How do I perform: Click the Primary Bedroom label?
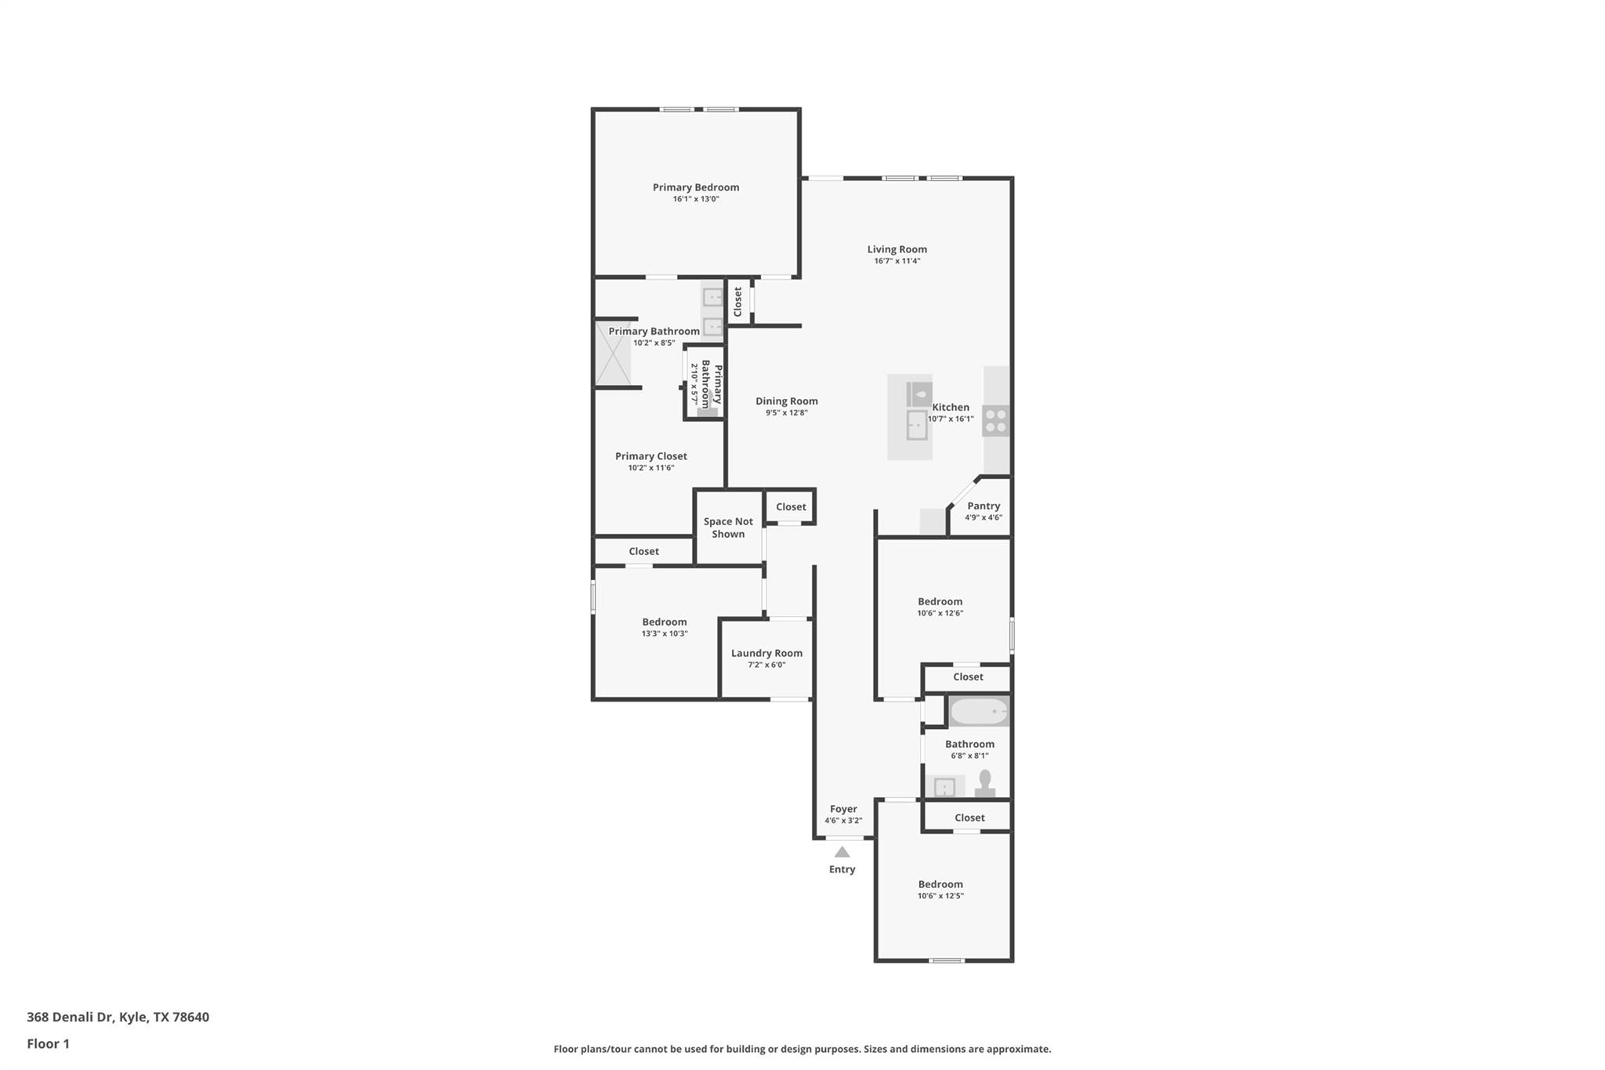[696, 187]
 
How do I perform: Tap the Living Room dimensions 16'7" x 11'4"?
[897, 261]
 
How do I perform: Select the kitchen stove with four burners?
[996, 421]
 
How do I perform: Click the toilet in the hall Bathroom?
[985, 783]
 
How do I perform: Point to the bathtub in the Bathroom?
[978, 712]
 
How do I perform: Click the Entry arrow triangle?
[842, 852]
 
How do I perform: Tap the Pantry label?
[984, 506]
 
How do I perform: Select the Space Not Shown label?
[728, 528]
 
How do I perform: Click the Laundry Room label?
[766, 653]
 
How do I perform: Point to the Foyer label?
[843, 809]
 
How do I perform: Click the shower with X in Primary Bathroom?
[613, 354]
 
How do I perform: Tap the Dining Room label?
[786, 401]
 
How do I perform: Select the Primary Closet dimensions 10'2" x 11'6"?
[650, 468]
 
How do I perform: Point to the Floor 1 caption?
[48, 1044]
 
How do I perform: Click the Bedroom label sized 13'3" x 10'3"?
[664, 622]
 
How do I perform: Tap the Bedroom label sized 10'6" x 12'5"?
[940, 884]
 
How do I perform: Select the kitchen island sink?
[916, 425]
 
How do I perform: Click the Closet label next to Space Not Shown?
[791, 507]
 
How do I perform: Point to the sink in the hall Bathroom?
[944, 786]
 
